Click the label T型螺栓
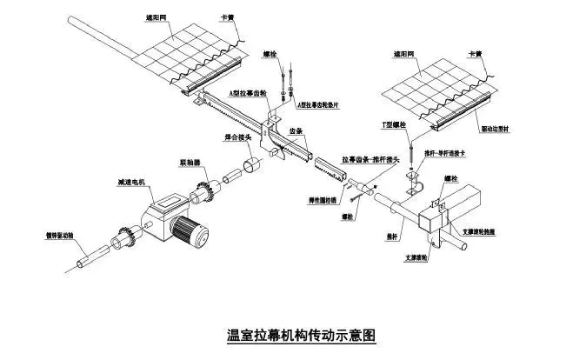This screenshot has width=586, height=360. pos(393,125)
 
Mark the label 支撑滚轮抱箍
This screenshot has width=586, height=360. pos(481,232)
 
